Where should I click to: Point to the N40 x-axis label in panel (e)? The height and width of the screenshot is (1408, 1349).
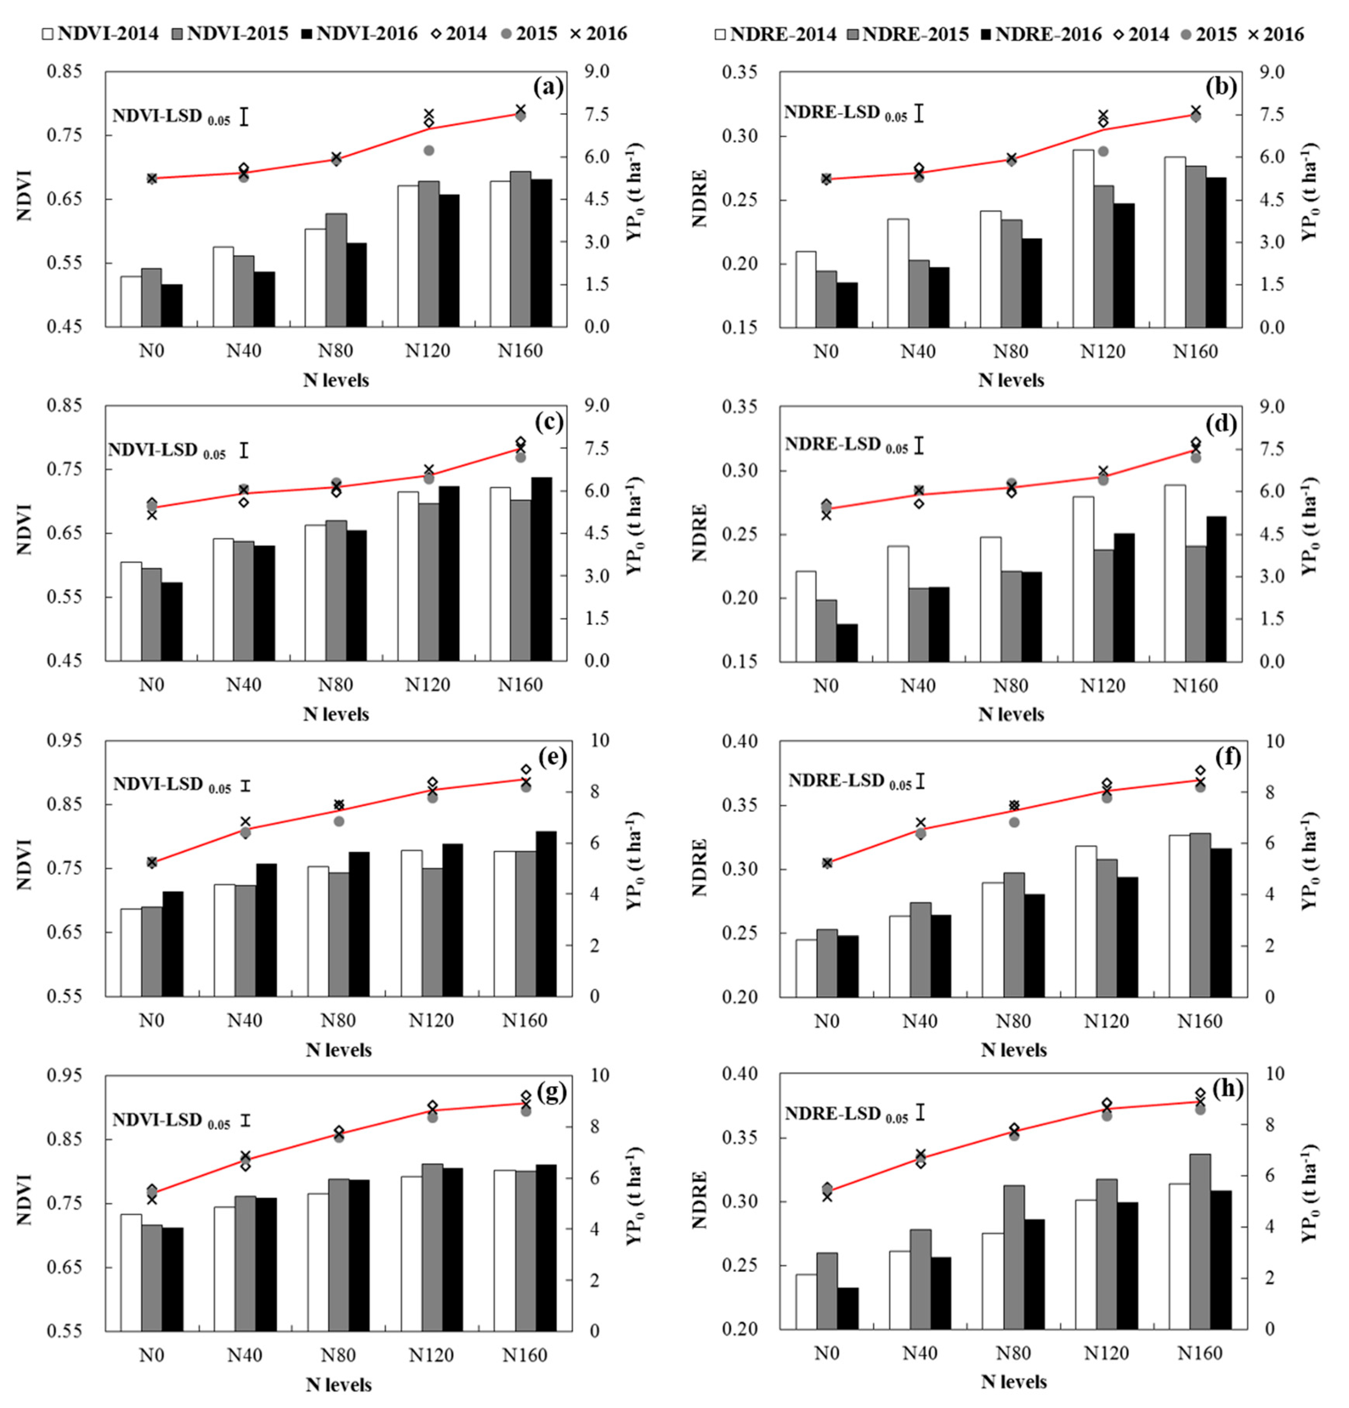pos(244,1020)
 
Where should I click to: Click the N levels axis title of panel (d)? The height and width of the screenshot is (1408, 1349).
pos(1011,714)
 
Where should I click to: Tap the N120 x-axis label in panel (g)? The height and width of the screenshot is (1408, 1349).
pos(431,1355)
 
